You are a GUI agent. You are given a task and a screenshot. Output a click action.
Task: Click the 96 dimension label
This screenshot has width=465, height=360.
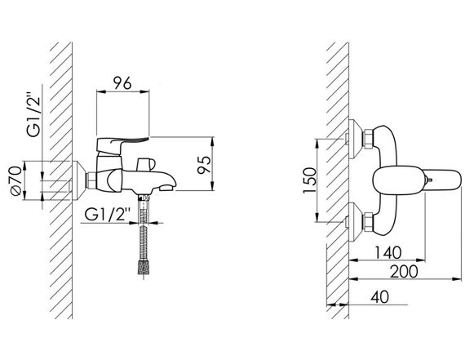[122, 83]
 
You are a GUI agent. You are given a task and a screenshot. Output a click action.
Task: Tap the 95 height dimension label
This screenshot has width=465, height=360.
[204, 165]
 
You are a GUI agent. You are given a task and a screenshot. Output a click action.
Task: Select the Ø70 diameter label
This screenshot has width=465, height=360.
[16, 180]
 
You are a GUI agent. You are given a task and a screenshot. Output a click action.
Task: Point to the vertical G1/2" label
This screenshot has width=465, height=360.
[33, 116]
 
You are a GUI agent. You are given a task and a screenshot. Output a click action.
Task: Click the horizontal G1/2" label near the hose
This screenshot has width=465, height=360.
[108, 214]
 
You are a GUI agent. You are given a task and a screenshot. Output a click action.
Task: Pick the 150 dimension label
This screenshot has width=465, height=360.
[310, 180]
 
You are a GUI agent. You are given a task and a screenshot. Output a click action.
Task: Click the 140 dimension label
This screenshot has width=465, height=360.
[387, 252]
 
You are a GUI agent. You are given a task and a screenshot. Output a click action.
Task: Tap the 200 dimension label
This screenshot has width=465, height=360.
[404, 272]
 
